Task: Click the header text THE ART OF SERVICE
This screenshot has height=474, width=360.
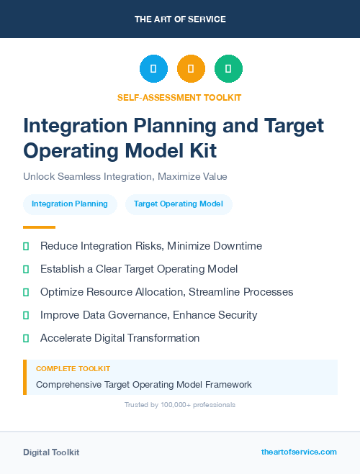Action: click(180, 19)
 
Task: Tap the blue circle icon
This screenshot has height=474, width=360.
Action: click(153, 69)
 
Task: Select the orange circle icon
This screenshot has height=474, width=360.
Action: click(191, 69)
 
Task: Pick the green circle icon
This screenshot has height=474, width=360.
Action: click(228, 69)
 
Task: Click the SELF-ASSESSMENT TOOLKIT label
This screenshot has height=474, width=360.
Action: click(179, 97)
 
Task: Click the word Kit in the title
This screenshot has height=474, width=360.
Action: click(199, 150)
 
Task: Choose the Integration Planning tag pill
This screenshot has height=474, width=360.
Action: click(70, 204)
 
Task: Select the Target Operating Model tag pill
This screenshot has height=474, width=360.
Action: click(178, 204)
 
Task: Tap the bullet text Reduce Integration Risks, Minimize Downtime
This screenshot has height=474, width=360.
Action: click(151, 246)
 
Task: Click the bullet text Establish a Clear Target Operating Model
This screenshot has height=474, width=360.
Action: click(139, 269)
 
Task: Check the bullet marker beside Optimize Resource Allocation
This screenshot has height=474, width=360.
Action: click(26, 292)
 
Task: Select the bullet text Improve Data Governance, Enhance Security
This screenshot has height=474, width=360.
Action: click(148, 315)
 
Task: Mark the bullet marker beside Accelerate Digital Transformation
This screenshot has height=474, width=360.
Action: click(26, 338)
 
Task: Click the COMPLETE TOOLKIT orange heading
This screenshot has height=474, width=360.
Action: click(73, 368)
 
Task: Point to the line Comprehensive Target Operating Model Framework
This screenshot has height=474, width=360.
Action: click(144, 385)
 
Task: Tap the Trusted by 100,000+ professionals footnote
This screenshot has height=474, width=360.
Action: click(179, 405)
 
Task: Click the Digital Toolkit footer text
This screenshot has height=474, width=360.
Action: click(51, 452)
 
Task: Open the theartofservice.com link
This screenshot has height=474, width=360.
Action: click(299, 452)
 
